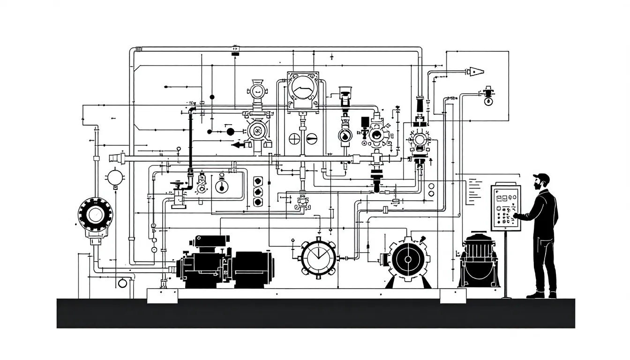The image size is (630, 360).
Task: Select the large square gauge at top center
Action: click(x=302, y=91)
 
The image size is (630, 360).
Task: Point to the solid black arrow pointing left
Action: click(x=240, y=145)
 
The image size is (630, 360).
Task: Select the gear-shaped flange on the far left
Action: click(x=95, y=216)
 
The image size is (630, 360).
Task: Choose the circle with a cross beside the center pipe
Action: click(x=294, y=138)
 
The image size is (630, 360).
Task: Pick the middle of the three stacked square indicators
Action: click(x=257, y=192)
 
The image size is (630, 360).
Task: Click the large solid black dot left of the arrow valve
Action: click(x=230, y=132)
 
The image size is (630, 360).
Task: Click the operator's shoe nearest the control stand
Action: click(x=534, y=295)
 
